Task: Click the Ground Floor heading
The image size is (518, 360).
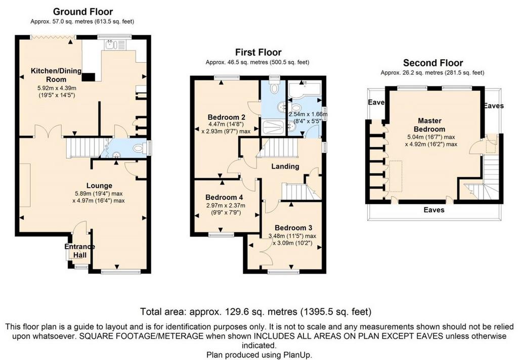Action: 83,12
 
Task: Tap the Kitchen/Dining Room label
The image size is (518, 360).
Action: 56,75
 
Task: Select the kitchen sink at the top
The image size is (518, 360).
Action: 115,45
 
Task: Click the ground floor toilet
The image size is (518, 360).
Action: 141,148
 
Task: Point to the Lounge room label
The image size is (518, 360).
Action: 99,186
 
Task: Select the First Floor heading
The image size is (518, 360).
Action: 258,52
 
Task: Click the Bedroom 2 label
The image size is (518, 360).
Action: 226,117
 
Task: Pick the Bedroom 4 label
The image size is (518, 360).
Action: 224,197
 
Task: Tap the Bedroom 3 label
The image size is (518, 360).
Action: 293,228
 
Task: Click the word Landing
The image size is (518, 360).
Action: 285,166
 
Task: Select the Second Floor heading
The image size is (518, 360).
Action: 433,63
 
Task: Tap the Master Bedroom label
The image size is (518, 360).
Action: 429,125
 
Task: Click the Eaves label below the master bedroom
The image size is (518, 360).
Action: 434,210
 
